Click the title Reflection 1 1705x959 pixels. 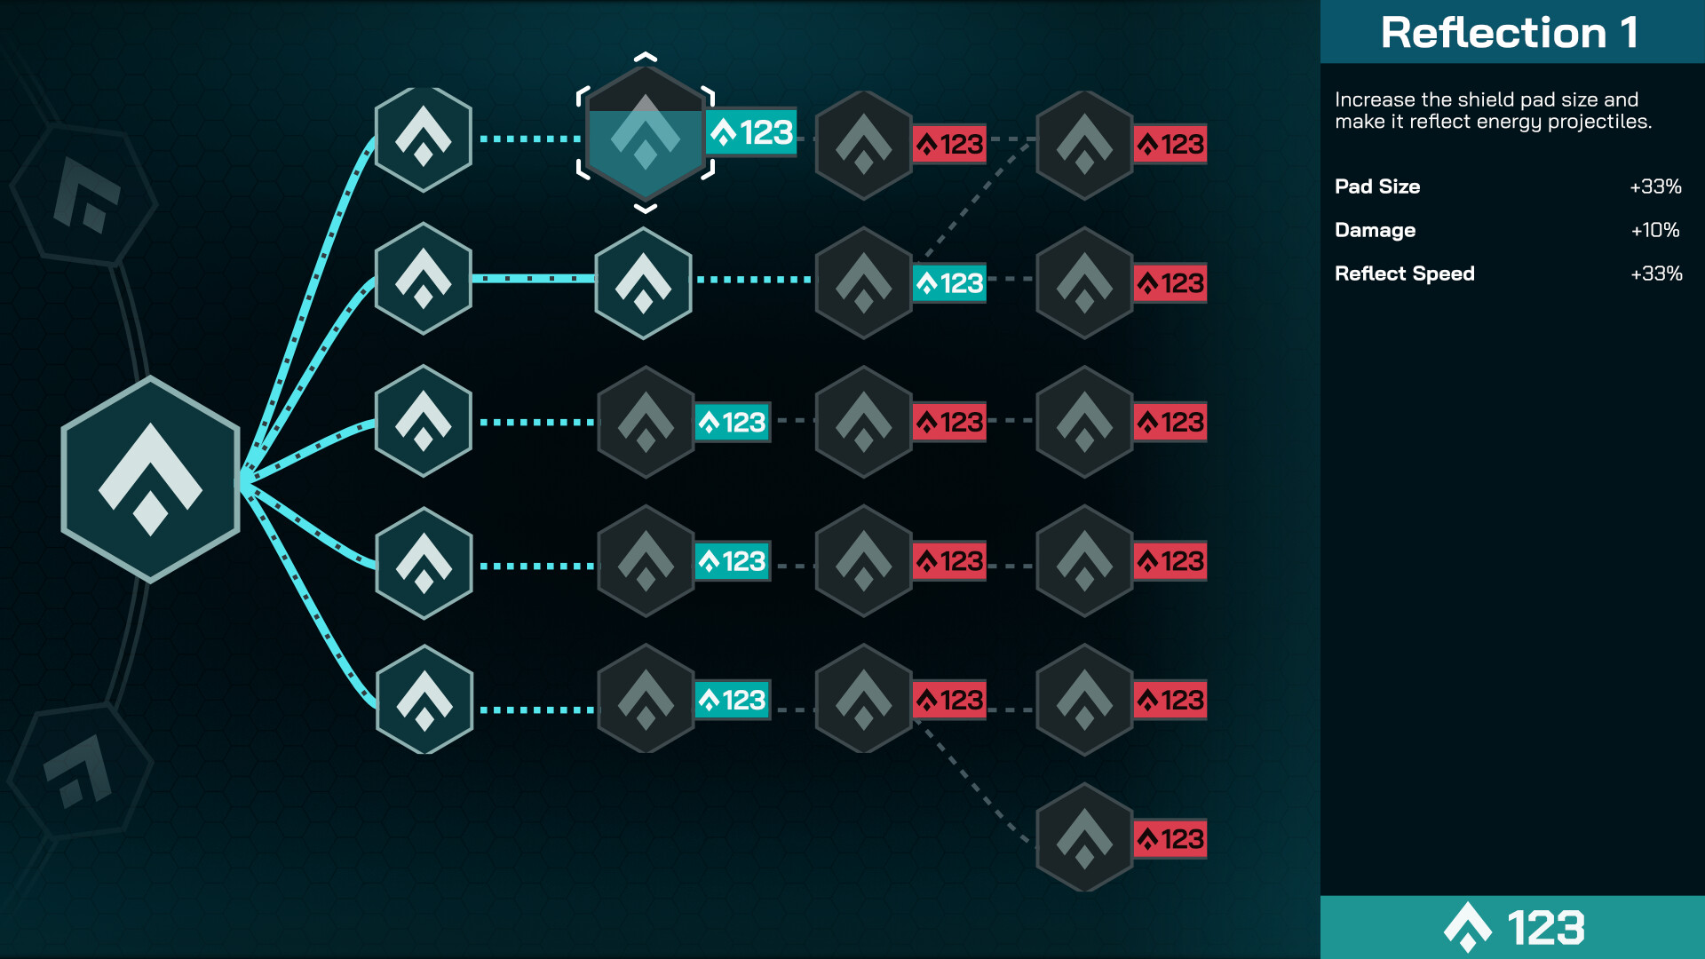pyautogui.click(x=1509, y=33)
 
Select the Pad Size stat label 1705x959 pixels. pyautogui.click(x=1377, y=186)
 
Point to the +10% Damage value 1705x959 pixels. pyautogui.click(x=1655, y=230)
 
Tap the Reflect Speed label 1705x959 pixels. pyautogui.click(x=1405, y=273)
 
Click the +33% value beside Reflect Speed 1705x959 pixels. pyautogui.click(x=1656, y=273)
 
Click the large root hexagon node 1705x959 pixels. pyautogui.click(x=150, y=479)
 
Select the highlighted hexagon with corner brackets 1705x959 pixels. pyautogui.click(x=646, y=134)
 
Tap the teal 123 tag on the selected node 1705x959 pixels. pyautogui.click(x=751, y=132)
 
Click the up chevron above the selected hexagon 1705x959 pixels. pyautogui.click(x=646, y=58)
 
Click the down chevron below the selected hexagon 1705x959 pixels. pyautogui.click(x=646, y=209)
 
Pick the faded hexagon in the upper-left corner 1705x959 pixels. pyautogui.click(x=85, y=194)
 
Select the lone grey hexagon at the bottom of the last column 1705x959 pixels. pyautogui.click(x=1084, y=837)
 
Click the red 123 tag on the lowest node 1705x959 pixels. pyautogui.click(x=1170, y=839)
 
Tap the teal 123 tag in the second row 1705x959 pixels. pyautogui.click(x=949, y=283)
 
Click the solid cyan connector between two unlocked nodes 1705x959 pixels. pyautogui.click(x=533, y=279)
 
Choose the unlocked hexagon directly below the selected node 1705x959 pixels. pyautogui.click(x=644, y=282)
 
